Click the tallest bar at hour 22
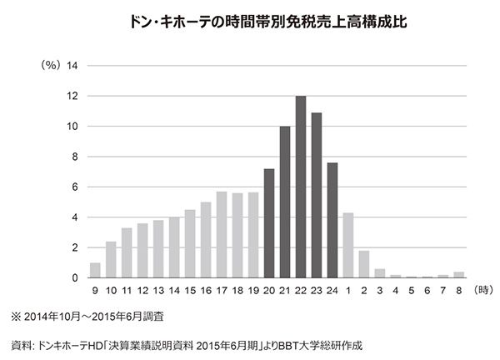coord(301,187)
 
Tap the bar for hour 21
coord(285,202)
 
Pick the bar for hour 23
coord(317,195)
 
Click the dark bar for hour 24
coord(332,220)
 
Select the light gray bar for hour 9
coord(95,270)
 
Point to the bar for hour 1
coord(348,245)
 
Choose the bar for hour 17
coord(222,234)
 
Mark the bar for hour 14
coord(174,247)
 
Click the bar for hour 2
coord(364,264)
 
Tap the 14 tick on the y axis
coord(72,66)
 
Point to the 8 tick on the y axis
coord(76,157)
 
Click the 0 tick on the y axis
coord(76,277)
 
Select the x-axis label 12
coord(142,292)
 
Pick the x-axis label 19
coord(253,292)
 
